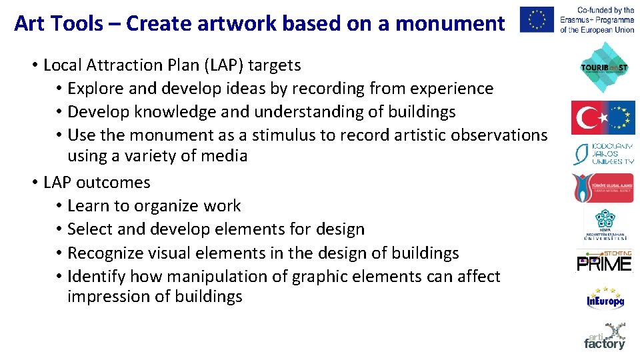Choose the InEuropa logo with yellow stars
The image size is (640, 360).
tap(605, 298)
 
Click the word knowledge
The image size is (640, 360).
tap(171, 111)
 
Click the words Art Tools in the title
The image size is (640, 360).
tap(59, 24)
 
